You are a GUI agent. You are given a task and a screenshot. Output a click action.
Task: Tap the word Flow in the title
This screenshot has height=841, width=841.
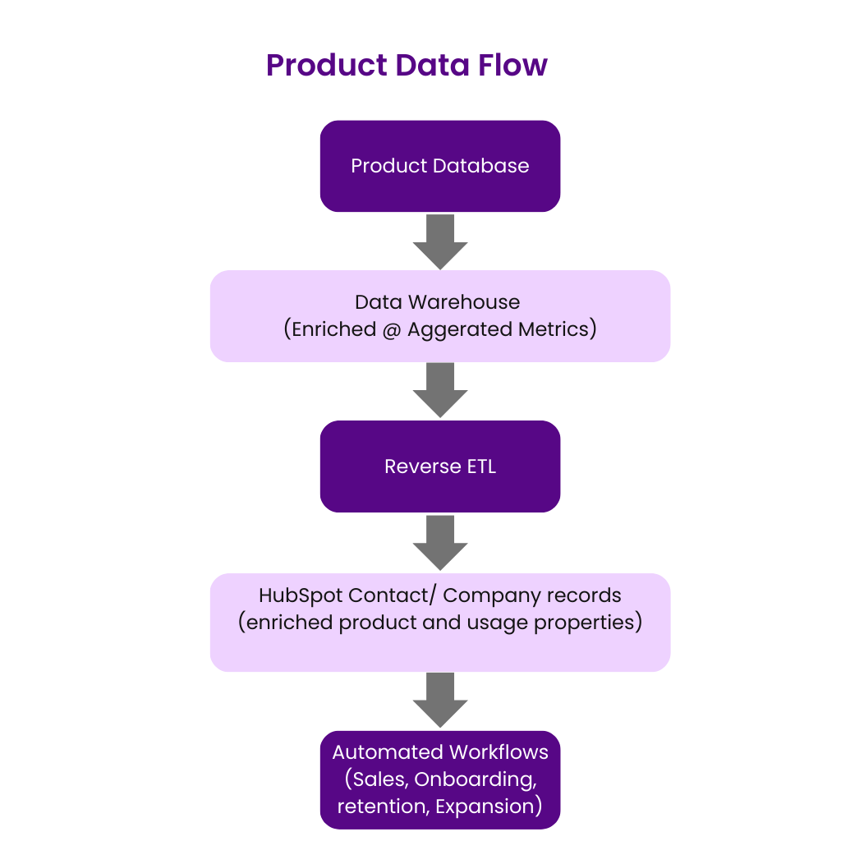coord(513,65)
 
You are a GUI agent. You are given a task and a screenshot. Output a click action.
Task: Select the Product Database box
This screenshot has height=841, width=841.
coord(440,166)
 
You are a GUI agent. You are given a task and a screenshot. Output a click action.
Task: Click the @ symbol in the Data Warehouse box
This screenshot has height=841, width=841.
coord(388,329)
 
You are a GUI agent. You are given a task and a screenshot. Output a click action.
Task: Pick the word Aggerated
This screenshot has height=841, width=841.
coord(461,329)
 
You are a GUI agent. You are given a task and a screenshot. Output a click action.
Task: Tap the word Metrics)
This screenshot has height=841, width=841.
coord(559,329)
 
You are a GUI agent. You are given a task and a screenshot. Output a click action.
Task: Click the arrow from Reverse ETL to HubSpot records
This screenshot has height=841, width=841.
coord(440,543)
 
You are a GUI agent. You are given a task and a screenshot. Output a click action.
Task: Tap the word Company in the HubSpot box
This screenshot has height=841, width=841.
coord(485,595)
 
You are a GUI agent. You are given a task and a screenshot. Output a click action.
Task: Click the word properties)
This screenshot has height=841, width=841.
coord(588,622)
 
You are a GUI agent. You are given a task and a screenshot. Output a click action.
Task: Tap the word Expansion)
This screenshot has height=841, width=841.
coord(489,806)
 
